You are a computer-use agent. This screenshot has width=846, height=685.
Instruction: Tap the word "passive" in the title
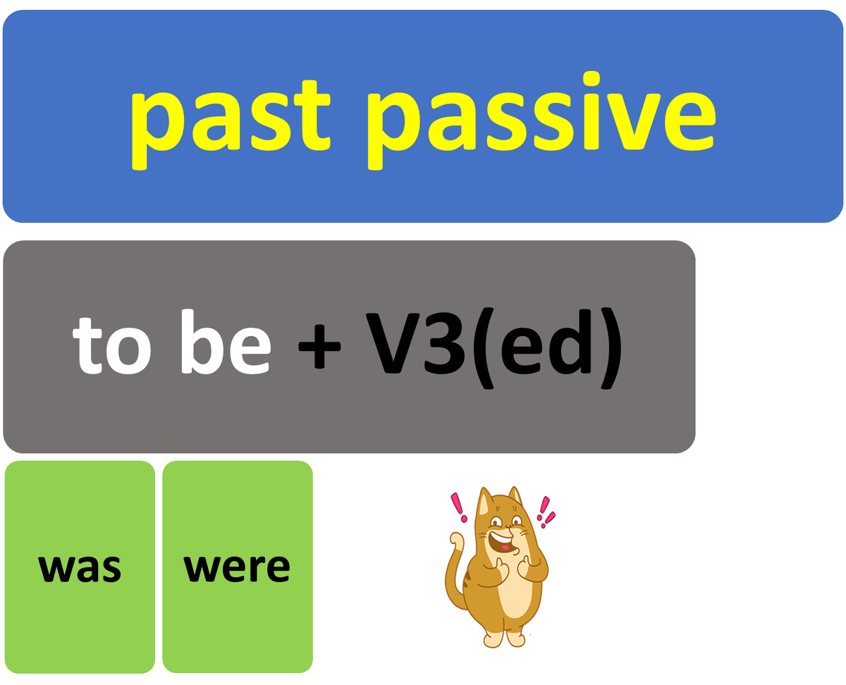(x=541, y=121)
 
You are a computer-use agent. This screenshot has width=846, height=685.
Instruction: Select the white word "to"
(x=111, y=345)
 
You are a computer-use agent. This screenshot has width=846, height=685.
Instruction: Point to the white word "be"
(x=226, y=342)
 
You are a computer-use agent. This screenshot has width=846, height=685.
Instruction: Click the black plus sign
(x=319, y=347)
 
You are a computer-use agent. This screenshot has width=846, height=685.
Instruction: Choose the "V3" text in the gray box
(x=415, y=343)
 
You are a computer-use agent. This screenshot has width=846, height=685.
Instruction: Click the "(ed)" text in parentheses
(x=547, y=348)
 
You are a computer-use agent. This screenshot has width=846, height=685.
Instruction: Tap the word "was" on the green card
(x=80, y=568)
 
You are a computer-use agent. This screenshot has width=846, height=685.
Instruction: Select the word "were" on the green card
(x=237, y=568)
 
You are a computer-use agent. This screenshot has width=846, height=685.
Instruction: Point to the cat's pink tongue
(x=504, y=547)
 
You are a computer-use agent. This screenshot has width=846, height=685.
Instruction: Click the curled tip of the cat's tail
(x=456, y=538)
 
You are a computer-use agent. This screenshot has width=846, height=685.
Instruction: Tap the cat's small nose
(x=509, y=526)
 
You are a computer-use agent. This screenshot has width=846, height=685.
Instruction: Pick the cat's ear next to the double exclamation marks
(x=515, y=496)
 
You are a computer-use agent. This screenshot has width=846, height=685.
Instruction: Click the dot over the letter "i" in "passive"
(x=591, y=79)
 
